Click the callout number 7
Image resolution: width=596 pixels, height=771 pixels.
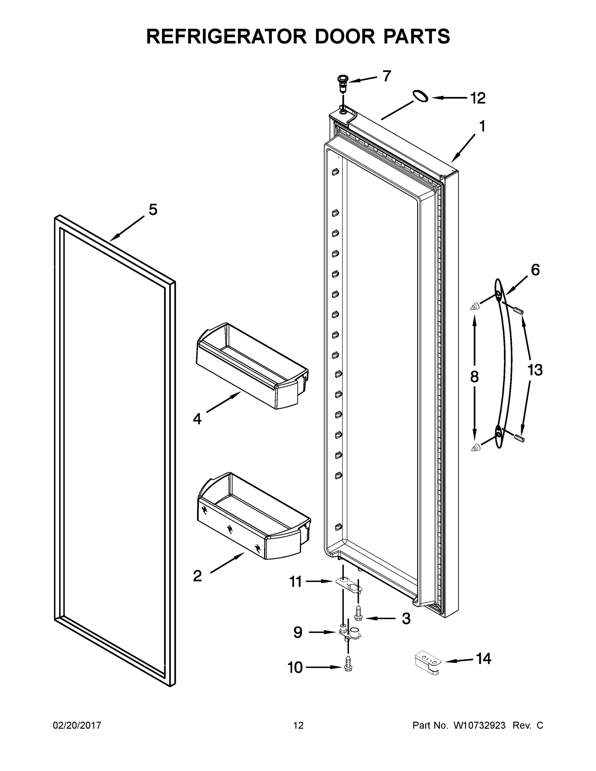tap(387, 76)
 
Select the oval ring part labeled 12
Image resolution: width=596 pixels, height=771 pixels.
tap(420, 96)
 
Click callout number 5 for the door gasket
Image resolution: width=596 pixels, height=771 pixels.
tap(153, 210)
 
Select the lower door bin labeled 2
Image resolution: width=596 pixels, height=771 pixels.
tap(254, 517)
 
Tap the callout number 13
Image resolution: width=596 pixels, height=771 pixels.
tap(535, 370)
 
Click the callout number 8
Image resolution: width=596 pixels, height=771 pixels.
tap(474, 377)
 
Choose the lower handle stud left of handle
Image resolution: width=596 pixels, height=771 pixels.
tap(476, 448)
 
